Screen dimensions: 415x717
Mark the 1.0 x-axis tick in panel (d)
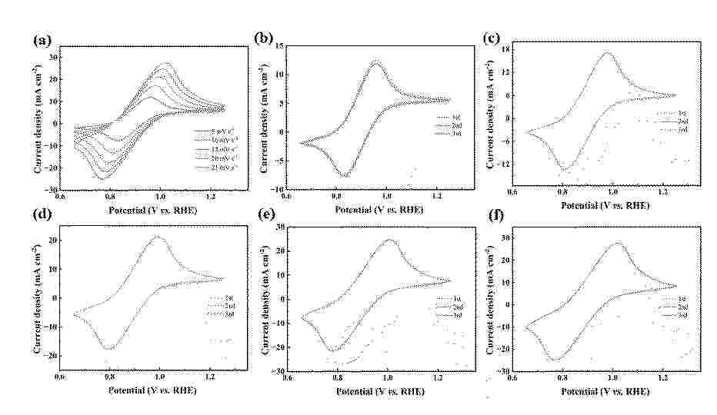(x=159, y=377)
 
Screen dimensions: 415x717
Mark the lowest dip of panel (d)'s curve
(x=109, y=349)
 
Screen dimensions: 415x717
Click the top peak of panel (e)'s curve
(x=389, y=240)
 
